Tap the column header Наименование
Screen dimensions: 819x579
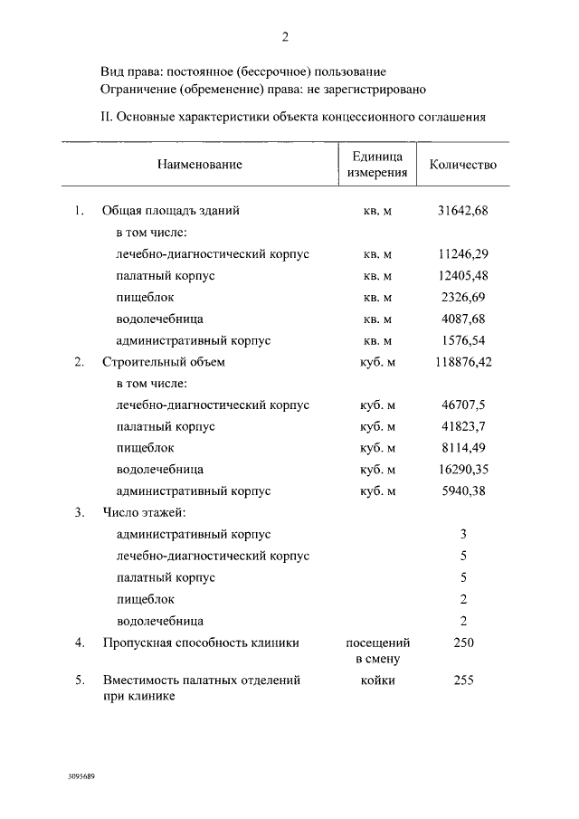[x=199, y=165]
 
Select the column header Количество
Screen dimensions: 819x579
[x=462, y=165]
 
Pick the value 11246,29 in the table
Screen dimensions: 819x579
[x=462, y=254]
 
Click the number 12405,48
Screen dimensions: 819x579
[x=462, y=276]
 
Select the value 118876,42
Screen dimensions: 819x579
[x=462, y=362]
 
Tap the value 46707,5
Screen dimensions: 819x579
[x=462, y=405]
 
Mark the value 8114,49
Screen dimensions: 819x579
[x=462, y=448]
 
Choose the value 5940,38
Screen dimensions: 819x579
[x=462, y=491]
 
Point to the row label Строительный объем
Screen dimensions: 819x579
[x=164, y=362]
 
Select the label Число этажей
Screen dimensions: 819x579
[x=145, y=513]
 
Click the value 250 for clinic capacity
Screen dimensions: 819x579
[x=462, y=643]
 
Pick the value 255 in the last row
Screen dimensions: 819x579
[x=462, y=680]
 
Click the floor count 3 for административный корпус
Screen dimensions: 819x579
[x=462, y=535]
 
